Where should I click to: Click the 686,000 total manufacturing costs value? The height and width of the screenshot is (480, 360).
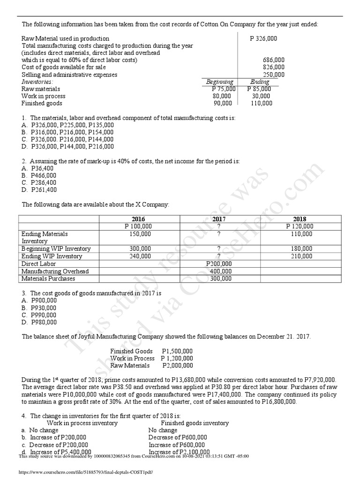[x=274, y=60]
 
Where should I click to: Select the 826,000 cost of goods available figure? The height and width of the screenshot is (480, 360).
[x=274, y=67]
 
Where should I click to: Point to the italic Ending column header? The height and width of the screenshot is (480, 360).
[x=260, y=82]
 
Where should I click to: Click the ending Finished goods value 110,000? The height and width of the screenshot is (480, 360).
[x=262, y=103]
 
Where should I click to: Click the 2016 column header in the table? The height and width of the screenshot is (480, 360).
[x=139, y=219]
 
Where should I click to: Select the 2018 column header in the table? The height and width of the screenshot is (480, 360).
[x=300, y=219]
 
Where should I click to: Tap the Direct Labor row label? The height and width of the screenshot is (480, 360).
[x=39, y=264]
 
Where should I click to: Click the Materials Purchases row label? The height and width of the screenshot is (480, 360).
[x=48, y=278]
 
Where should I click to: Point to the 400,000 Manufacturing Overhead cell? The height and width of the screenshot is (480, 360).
[x=220, y=271]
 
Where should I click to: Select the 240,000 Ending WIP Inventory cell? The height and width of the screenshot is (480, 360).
[x=140, y=256]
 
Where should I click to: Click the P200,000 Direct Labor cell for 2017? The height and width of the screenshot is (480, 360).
[x=219, y=264]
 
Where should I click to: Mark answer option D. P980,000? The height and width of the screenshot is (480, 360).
[x=39, y=322]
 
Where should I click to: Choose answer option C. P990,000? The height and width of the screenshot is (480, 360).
[x=39, y=315]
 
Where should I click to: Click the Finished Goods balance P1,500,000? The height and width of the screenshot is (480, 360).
[x=177, y=351]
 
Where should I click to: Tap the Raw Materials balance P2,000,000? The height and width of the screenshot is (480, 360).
[x=177, y=366]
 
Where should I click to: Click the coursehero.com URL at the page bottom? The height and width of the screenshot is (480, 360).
[x=85, y=472]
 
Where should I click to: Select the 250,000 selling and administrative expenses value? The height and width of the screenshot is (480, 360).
[x=274, y=75]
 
